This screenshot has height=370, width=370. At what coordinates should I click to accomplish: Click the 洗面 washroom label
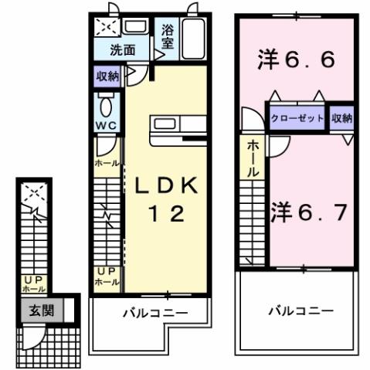click(x=122, y=52)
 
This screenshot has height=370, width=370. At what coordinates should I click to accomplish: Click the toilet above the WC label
click(x=107, y=105)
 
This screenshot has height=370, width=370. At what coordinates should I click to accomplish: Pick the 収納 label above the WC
click(x=108, y=78)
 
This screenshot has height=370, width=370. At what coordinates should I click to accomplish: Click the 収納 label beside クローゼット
click(x=342, y=118)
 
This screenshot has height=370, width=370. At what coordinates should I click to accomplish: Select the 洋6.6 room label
click(x=296, y=60)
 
